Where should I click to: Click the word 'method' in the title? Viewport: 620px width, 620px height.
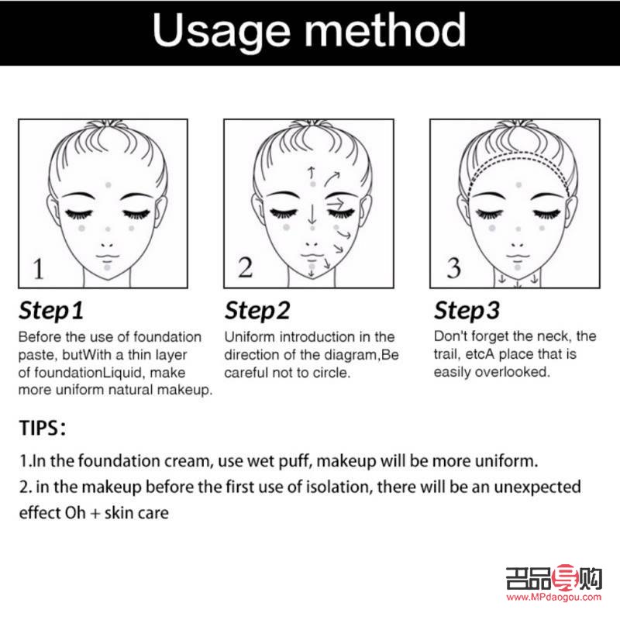[x=384, y=29]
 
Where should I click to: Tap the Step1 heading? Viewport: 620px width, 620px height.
[x=51, y=311]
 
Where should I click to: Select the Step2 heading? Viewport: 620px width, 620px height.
[x=257, y=311]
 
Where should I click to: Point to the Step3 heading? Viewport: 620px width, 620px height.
[x=467, y=311]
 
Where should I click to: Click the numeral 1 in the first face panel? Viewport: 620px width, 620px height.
[x=38, y=269]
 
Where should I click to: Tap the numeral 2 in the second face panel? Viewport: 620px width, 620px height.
[x=245, y=267]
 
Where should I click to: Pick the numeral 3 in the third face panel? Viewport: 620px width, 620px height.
[x=454, y=267]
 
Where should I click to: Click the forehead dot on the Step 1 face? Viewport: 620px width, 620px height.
[x=108, y=184]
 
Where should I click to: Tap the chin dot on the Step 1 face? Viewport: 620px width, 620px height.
[x=107, y=267]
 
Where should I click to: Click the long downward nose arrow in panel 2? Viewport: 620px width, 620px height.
[x=312, y=214]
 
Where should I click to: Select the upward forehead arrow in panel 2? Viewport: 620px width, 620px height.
[x=312, y=173]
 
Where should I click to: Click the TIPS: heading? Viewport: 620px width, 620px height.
[x=43, y=428]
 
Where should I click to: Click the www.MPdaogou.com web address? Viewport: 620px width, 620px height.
[x=553, y=597]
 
